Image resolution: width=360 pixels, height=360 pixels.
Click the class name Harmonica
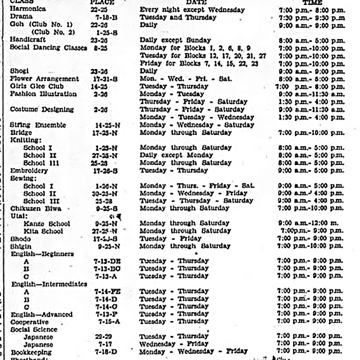[28, 9]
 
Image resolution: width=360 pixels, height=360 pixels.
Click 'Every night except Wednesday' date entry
[192, 10]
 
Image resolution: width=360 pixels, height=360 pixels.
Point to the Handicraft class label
[28, 40]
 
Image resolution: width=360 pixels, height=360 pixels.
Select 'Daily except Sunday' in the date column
[175, 40]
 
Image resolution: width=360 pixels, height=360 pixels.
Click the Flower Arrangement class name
[44, 78]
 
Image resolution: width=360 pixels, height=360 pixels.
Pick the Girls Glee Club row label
[36, 86]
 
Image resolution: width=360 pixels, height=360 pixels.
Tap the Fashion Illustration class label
[43, 94]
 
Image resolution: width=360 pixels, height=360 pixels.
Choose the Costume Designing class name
[42, 109]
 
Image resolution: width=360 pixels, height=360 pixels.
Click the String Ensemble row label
[38, 125]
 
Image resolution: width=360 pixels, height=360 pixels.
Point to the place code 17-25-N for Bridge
[104, 132]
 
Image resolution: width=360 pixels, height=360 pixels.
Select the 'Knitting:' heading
[26, 140]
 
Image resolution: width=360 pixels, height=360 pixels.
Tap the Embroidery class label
[29, 170]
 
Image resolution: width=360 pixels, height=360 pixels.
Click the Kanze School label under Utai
[46, 224]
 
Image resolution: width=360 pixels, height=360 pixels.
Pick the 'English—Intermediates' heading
[49, 284]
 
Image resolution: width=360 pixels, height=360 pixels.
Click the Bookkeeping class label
[31, 352]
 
